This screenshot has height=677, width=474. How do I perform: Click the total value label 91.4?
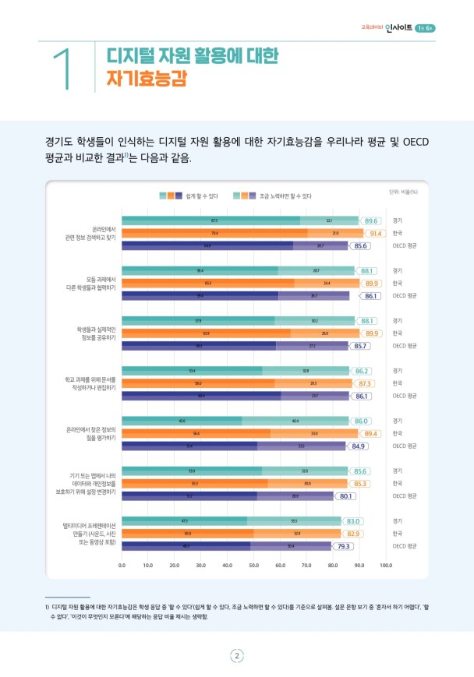[x=375, y=233]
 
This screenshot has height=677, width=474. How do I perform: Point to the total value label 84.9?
[x=359, y=446]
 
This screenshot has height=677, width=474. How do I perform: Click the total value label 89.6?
[x=371, y=221]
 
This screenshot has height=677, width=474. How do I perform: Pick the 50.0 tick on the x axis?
[x=254, y=565]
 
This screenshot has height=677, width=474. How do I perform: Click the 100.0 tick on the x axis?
[x=385, y=565]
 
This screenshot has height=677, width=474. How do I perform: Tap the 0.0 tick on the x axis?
[x=122, y=565]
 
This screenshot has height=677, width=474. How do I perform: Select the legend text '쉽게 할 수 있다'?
[x=203, y=196]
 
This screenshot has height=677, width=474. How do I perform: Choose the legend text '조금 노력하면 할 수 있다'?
[x=285, y=196]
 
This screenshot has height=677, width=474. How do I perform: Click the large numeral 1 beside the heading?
[x=64, y=69]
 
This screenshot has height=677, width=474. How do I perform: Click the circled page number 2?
[x=237, y=655]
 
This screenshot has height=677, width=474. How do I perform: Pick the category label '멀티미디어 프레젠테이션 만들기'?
[x=90, y=533]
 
